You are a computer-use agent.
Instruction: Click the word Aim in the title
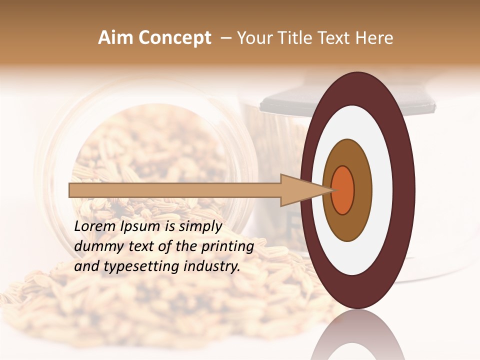click(x=115, y=38)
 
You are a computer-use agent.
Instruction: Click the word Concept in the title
click(x=174, y=38)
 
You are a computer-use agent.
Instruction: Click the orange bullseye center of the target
click(x=342, y=190)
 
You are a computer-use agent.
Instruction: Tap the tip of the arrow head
click(x=332, y=190)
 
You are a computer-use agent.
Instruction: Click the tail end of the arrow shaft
click(x=70, y=190)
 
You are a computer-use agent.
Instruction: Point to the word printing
click(x=227, y=247)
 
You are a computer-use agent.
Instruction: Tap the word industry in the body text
click(x=210, y=266)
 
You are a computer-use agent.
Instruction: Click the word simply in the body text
click(x=200, y=227)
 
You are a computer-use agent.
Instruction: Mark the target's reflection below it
click(x=357, y=335)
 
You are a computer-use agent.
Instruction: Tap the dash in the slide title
click(x=226, y=38)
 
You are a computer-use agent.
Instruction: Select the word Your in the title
click(x=252, y=38)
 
